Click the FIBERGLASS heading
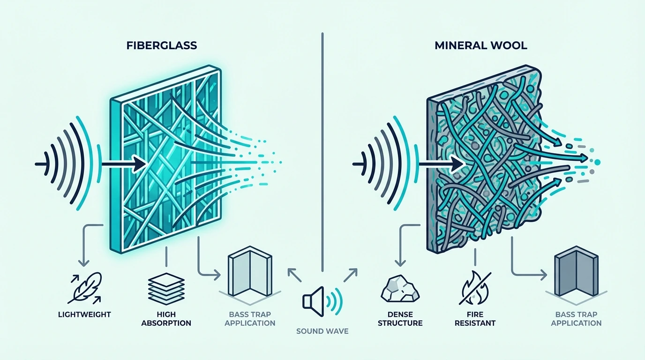point(162,45)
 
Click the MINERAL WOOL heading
point(481,45)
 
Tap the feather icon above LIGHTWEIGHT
point(85,288)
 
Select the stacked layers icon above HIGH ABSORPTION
point(166,289)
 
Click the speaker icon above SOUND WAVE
point(322,301)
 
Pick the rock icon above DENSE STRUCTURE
point(400,289)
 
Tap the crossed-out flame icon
point(475,288)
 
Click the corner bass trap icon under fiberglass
point(250,272)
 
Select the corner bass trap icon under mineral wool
point(577,272)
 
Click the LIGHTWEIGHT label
point(84,314)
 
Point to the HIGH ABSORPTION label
point(166,319)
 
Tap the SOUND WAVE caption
point(322,331)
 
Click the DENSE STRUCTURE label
point(400,319)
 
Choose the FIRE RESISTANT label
point(475,319)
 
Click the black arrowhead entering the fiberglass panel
point(141,164)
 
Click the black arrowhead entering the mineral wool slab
point(458,165)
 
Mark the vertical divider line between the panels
point(322,152)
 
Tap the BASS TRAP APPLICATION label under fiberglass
point(250,319)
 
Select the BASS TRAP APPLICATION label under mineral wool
point(577,319)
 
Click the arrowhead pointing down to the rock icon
point(400,262)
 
